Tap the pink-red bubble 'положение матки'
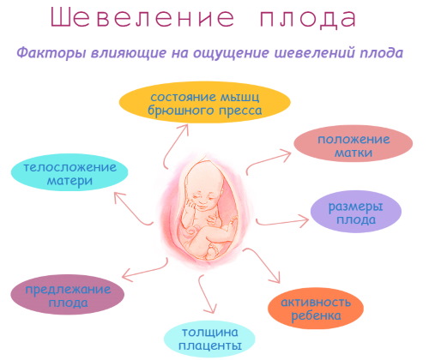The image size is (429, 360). [342, 147]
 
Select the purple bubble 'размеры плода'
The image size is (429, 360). [355, 212]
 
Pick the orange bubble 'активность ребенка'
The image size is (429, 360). [316, 308]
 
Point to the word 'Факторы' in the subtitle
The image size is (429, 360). [46, 53]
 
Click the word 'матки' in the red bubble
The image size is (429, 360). [342, 155]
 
